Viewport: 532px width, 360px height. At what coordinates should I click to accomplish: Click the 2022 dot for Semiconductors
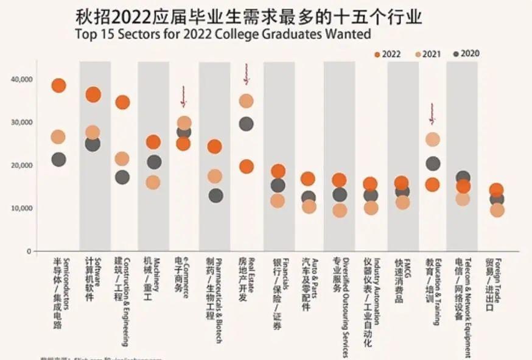pyautogui.click(x=58, y=85)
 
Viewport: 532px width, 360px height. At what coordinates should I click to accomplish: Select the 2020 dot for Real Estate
pyautogui.click(x=246, y=124)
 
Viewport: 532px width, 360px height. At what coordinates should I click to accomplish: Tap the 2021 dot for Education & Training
pyautogui.click(x=433, y=139)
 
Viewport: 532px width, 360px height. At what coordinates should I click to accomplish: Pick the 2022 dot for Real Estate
pyautogui.click(x=246, y=166)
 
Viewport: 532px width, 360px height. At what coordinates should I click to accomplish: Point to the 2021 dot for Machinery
pyautogui.click(x=153, y=182)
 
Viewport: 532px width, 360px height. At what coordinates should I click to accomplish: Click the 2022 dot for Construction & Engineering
pyautogui.click(x=122, y=102)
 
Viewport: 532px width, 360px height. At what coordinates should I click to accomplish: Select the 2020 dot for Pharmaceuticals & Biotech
pyautogui.click(x=215, y=196)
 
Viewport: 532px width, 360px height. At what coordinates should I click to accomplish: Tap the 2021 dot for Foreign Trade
pyautogui.click(x=497, y=210)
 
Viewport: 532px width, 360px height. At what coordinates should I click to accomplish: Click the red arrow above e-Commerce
pyautogui.click(x=183, y=96)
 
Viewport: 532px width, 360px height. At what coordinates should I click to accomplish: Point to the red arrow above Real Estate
pyautogui.click(x=246, y=74)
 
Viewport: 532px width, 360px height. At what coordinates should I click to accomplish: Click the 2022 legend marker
pyautogui.click(x=378, y=54)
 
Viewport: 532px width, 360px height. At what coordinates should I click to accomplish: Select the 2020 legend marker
pyautogui.click(x=456, y=54)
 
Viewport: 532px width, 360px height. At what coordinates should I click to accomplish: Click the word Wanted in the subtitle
pyautogui.click(x=347, y=34)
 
